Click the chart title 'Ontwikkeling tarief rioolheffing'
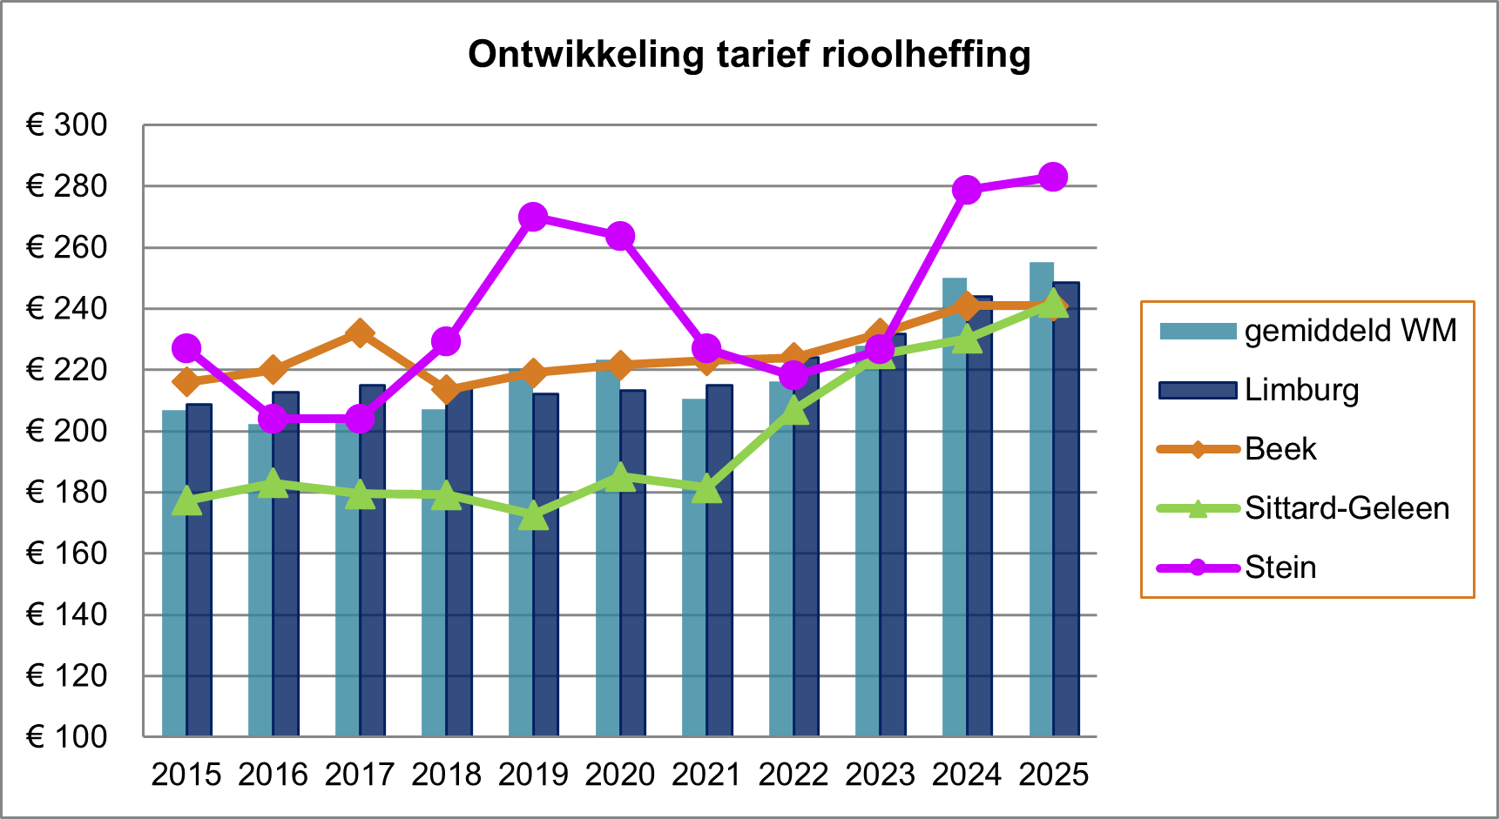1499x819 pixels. click(x=749, y=55)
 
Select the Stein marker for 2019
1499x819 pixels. click(x=533, y=217)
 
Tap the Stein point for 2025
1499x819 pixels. click(x=1053, y=178)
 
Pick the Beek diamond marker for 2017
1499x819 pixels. click(x=360, y=333)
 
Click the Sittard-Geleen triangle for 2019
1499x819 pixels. click(x=533, y=517)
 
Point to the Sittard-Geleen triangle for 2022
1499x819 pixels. click(x=793, y=410)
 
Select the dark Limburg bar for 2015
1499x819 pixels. click(x=199, y=570)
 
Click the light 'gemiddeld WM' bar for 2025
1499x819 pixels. click(x=1041, y=500)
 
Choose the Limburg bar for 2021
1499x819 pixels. click(x=719, y=561)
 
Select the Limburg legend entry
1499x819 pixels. click(x=1301, y=390)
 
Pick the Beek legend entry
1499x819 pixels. click(x=1280, y=449)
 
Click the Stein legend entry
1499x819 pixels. click(x=1280, y=567)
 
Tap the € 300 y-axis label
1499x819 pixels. click(x=67, y=125)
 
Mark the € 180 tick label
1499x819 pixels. click(x=67, y=493)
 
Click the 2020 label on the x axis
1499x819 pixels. click(x=619, y=775)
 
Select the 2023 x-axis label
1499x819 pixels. click(x=880, y=775)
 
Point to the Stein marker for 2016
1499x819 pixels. click(x=273, y=419)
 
